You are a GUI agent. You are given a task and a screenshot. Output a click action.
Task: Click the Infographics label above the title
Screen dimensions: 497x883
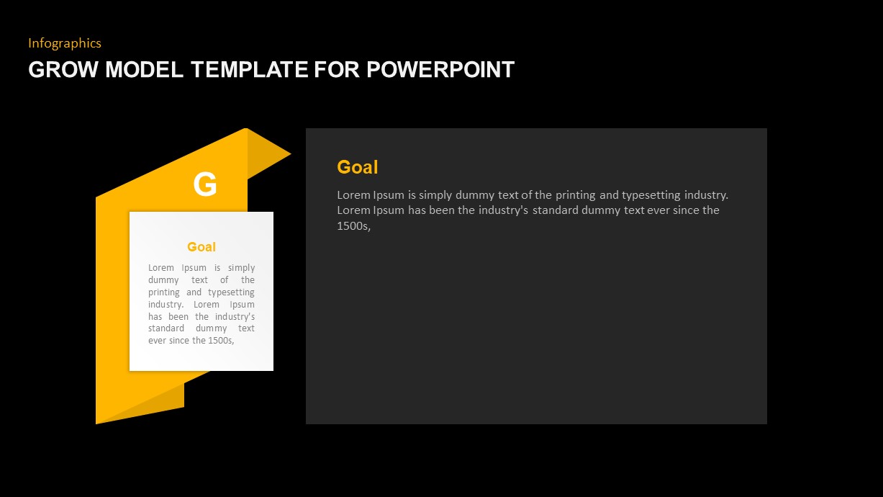pos(65,43)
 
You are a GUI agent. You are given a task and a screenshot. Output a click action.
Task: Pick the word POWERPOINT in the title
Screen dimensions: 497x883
pos(440,70)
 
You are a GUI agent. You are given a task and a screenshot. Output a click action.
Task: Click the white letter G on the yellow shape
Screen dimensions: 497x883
pos(205,185)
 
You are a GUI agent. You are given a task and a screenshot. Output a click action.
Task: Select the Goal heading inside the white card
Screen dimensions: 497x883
pos(201,247)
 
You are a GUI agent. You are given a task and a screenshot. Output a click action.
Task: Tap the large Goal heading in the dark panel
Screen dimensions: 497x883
pos(357,167)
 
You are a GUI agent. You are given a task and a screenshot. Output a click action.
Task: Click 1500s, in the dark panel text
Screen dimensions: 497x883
pos(353,226)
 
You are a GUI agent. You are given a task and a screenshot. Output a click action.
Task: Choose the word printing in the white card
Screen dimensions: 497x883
pos(164,292)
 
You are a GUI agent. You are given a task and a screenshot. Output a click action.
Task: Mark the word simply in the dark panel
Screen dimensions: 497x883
pos(440,195)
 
